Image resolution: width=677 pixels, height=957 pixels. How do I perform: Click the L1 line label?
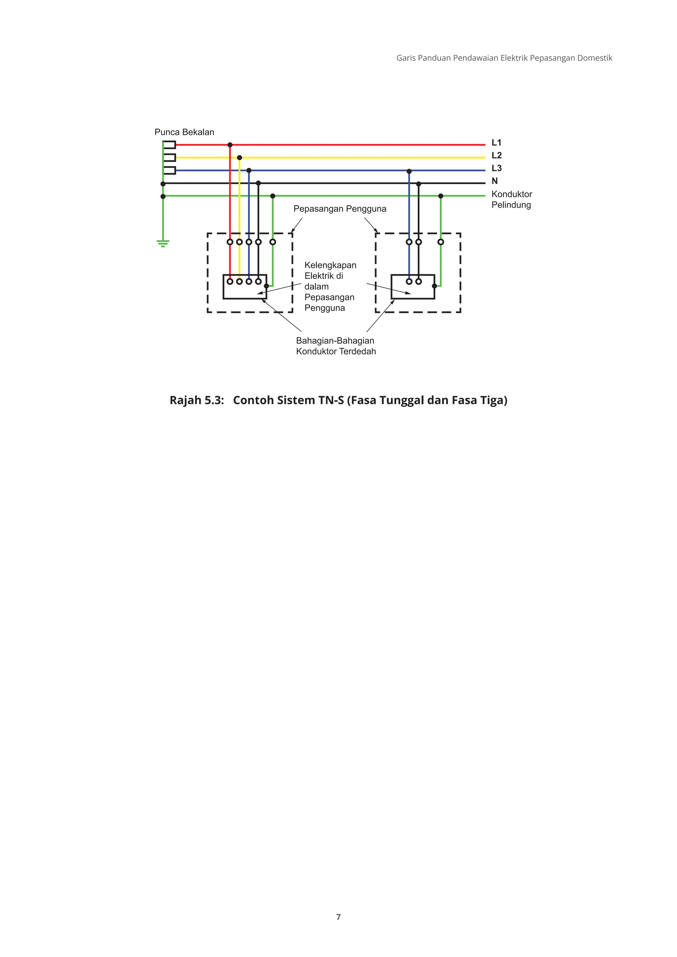point(496,142)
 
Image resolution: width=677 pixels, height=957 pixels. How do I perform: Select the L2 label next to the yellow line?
point(496,155)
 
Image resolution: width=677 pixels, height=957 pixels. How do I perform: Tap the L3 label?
point(496,169)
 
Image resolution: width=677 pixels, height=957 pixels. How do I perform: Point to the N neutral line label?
point(495,181)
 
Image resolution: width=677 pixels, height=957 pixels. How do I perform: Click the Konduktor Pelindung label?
point(511,199)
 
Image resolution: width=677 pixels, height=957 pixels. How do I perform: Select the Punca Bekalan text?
point(184,132)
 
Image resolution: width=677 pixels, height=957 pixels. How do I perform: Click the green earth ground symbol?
point(163,243)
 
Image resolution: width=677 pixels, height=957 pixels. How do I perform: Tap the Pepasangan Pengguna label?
point(340,209)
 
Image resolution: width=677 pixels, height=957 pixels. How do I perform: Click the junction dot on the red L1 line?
point(230,145)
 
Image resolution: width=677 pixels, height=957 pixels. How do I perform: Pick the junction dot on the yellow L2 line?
point(239,158)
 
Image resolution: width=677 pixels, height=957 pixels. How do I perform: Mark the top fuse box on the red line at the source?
point(169,145)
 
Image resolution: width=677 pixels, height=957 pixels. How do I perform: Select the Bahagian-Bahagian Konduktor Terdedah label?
point(336,346)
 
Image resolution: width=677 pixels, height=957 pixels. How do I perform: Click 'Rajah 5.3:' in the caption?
point(197,400)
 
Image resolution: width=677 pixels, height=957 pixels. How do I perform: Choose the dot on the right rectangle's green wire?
point(434,286)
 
